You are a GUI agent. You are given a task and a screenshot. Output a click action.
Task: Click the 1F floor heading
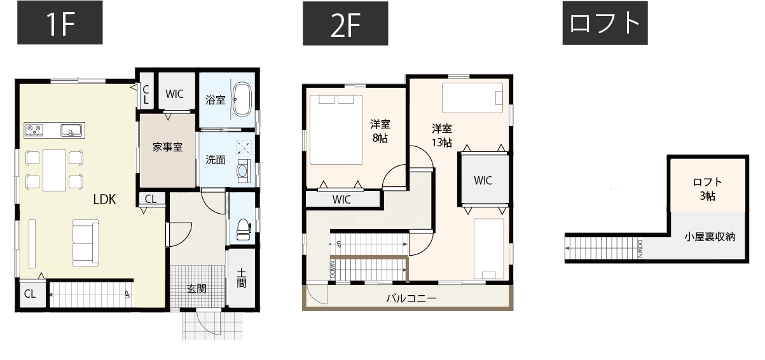pos(60,24)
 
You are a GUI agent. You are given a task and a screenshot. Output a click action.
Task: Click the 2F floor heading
pos(345,24)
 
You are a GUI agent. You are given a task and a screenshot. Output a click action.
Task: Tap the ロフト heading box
pos(604,24)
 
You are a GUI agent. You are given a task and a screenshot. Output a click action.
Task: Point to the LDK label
pos(104,199)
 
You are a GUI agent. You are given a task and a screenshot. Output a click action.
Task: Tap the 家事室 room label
pos(168,147)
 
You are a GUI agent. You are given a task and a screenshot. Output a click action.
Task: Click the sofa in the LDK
pos(85,244)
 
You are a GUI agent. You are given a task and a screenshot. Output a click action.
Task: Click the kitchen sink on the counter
pos(72,130)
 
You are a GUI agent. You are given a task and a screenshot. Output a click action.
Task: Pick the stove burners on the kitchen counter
pos(34,130)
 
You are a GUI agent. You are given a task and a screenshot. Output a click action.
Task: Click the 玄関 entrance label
pos(196,288)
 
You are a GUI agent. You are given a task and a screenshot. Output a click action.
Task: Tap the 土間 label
pos(242,279)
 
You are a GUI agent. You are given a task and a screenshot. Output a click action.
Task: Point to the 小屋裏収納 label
pos(710,237)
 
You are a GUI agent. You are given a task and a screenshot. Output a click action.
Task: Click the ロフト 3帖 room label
pos(707,189)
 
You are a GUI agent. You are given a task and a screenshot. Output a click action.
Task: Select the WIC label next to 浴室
pos(174,94)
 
